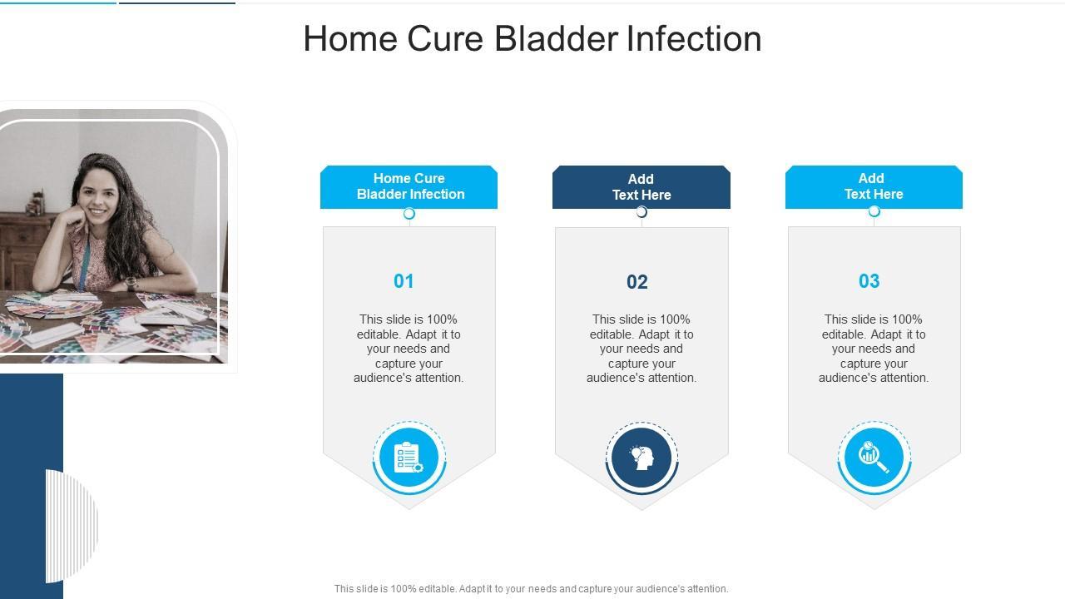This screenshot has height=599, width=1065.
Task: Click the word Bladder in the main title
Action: coord(557,38)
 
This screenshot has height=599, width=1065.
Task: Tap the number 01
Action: coord(404,281)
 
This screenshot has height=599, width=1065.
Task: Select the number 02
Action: coord(637,282)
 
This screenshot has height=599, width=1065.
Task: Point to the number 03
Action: coord(869,281)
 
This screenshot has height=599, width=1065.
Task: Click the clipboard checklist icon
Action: coord(409,458)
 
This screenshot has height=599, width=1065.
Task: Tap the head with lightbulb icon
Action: coord(641,458)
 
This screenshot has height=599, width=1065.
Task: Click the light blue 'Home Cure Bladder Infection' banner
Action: coord(409,187)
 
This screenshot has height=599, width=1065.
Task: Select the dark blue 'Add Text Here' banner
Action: coord(641,187)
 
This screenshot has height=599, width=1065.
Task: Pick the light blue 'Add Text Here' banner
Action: coord(874,187)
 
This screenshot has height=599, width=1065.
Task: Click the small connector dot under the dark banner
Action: coord(641,212)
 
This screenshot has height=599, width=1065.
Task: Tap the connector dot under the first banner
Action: coord(409,214)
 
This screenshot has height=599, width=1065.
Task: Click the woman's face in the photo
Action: coord(97,195)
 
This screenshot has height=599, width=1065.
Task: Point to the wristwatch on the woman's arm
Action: coord(131,284)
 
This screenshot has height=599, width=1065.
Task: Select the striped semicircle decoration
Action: coord(72,526)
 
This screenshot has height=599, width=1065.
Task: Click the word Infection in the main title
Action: coord(694,38)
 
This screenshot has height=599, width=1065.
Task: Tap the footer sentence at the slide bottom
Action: coord(531,588)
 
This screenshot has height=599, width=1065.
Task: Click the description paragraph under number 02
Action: coord(641,349)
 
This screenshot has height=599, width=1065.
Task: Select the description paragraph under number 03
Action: coord(874,349)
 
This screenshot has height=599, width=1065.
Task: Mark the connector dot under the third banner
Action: coord(874,211)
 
